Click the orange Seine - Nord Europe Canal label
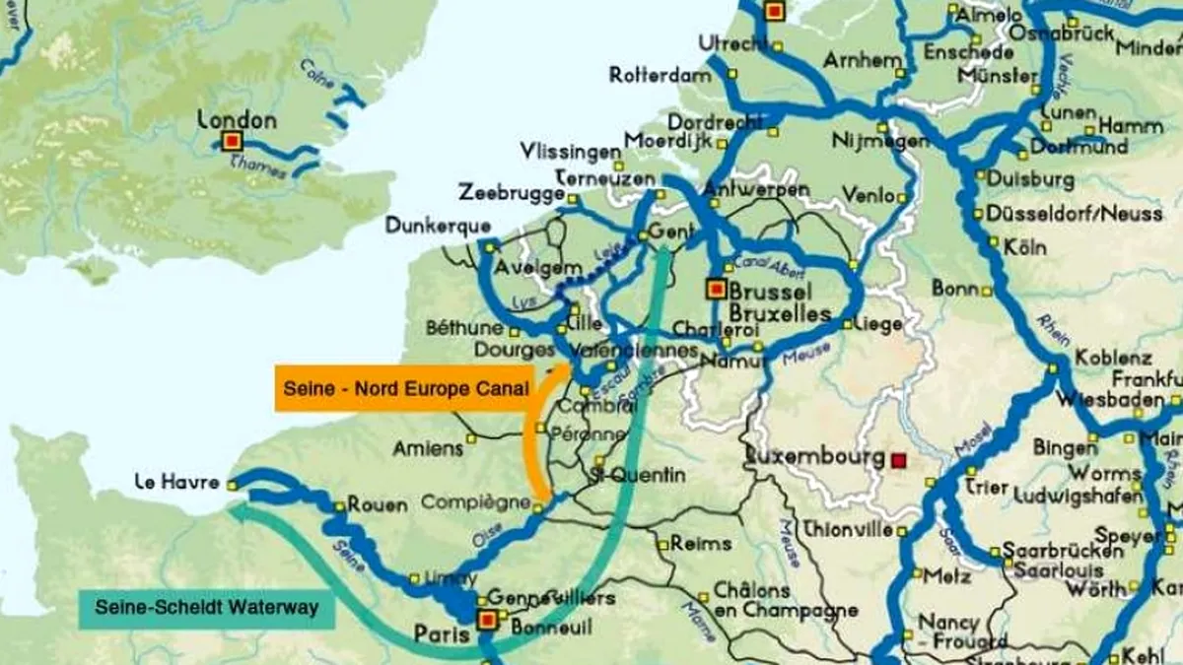click(404, 388)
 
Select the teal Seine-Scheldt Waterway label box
click(206, 608)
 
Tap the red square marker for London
click(232, 142)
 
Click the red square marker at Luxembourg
click(897, 460)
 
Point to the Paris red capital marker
click(486, 620)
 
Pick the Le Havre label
click(177, 483)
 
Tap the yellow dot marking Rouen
click(339, 505)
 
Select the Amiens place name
click(427, 448)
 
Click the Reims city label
click(700, 543)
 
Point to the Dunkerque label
click(424, 225)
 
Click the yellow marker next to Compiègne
click(537, 507)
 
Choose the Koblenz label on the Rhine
click(1113, 358)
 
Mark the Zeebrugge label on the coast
click(510, 192)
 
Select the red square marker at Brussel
click(717, 290)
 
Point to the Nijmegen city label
click(879, 141)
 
